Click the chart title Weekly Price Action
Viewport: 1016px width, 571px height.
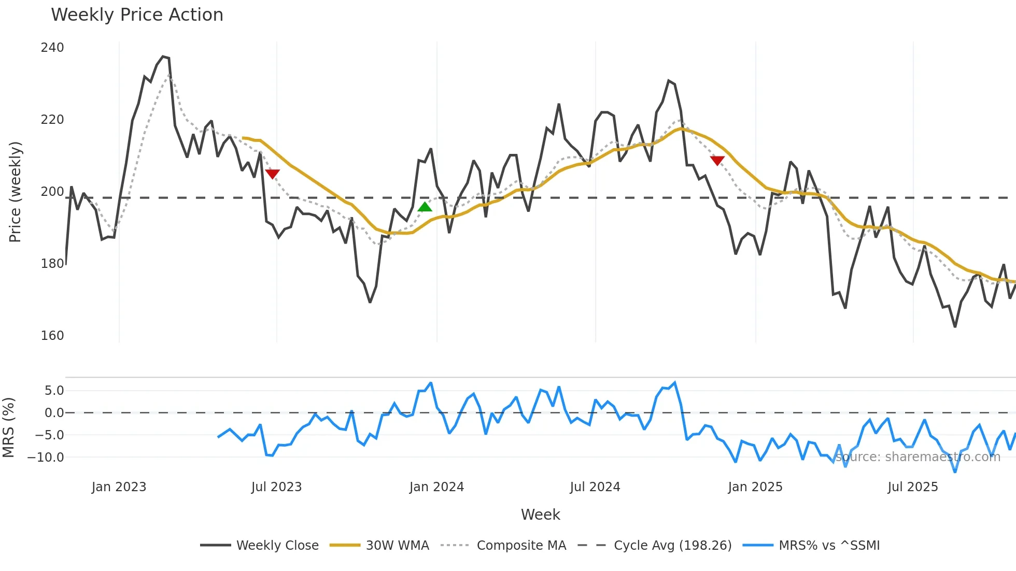tap(137, 15)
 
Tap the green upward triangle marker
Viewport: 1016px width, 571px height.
tap(425, 207)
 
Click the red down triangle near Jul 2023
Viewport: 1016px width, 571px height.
tap(272, 174)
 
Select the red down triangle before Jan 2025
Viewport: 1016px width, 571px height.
tap(717, 161)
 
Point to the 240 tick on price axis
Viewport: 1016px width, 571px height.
tap(52, 48)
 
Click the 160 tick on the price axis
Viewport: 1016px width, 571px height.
tap(52, 336)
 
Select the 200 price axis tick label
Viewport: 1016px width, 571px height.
tap(52, 192)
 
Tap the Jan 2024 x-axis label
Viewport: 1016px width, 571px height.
tap(436, 487)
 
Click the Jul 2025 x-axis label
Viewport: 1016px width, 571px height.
tap(912, 487)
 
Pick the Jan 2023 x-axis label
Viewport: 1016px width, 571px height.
tap(119, 487)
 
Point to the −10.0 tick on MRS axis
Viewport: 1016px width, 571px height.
tap(46, 458)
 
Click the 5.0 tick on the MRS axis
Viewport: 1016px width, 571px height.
tap(54, 391)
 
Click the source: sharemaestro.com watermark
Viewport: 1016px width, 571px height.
tap(918, 457)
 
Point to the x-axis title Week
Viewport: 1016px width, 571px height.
tap(540, 515)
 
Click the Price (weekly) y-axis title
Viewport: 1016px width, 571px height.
tap(16, 192)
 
